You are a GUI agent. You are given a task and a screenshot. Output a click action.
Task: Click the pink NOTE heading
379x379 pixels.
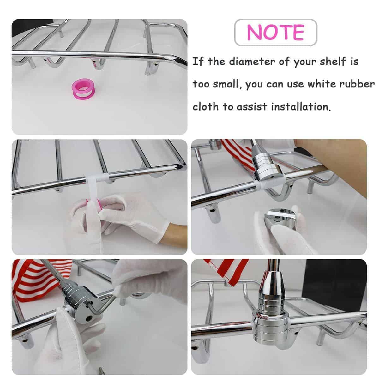275,33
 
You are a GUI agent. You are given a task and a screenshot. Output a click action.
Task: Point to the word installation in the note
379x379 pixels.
301,107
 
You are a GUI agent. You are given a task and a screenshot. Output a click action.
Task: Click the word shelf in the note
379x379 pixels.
333,61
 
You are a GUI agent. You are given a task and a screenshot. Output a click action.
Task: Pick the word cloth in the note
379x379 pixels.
206,107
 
